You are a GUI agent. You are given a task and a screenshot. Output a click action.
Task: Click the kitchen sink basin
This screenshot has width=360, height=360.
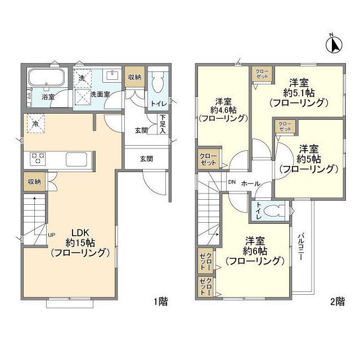[77, 159]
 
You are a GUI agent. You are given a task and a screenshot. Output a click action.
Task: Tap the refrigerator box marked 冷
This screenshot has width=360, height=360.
[36, 124]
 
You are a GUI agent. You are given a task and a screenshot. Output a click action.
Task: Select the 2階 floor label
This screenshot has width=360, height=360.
[336, 301]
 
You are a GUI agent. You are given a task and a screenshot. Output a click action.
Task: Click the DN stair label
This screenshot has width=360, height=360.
[231, 182]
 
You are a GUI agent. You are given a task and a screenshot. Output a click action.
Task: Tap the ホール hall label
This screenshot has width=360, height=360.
[250, 183]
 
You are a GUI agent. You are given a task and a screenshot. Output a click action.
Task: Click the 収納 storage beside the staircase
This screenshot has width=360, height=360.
[34, 181]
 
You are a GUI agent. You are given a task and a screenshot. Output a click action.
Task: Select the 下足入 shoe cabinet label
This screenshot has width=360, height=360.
[163, 125]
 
